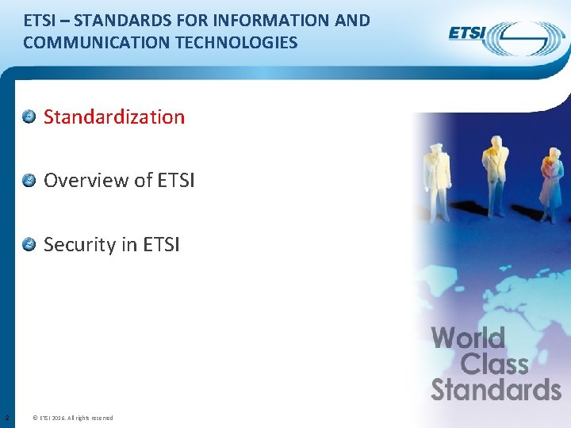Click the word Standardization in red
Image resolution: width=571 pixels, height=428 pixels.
click(114, 117)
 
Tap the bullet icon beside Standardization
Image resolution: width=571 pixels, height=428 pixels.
click(29, 117)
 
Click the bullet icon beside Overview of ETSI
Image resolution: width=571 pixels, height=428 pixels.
click(29, 181)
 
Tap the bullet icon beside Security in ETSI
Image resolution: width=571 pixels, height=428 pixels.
click(29, 244)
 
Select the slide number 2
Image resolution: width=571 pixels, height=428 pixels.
click(6, 418)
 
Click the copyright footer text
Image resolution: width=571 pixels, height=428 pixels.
click(76, 418)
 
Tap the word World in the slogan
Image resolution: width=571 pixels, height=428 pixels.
click(468, 339)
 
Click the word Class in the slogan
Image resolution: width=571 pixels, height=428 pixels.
click(494, 365)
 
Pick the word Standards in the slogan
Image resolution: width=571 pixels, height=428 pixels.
click(496, 390)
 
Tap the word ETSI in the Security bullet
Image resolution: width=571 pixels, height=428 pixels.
click(162, 245)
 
